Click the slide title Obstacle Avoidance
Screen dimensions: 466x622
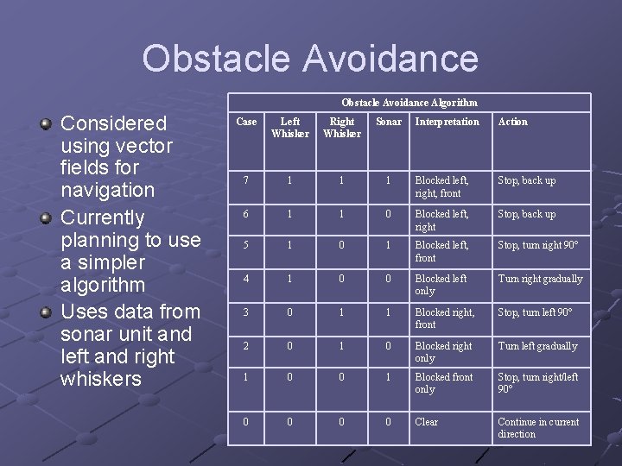[310, 59]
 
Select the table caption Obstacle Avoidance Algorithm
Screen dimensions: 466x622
[409, 102]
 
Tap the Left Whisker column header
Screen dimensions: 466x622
[290, 128]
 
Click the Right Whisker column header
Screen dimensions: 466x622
[342, 128]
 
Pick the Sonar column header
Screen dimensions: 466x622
[389, 122]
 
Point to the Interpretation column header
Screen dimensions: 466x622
[447, 122]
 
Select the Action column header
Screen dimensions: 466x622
[512, 122]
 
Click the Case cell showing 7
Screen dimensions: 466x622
[246, 180]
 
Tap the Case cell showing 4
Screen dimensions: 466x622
[246, 279]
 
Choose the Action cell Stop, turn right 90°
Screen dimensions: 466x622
[537, 246]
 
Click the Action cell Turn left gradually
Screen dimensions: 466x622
[537, 346]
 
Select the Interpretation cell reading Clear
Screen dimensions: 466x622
[427, 422]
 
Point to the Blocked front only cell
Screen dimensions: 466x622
[443, 383]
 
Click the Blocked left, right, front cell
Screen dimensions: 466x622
[441, 186]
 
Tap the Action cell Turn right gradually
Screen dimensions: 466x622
[540, 279]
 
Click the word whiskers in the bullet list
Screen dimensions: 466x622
[102, 379]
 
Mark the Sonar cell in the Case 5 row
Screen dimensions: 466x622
[389, 246]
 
